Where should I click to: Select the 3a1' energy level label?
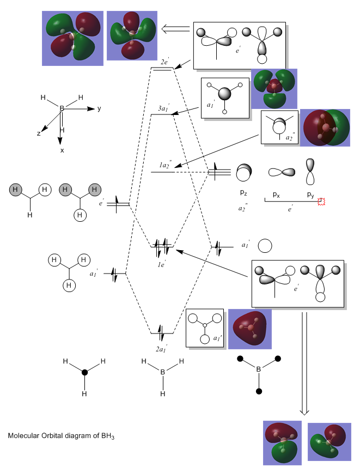tap(163, 109)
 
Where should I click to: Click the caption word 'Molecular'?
tap(25, 436)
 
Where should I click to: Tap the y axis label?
tap(99, 109)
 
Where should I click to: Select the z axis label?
tap(38, 134)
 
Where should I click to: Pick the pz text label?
tap(244, 193)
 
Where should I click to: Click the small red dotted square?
tap(321, 202)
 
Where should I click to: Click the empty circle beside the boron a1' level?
tap(265, 246)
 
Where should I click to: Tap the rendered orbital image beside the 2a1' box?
tap(249, 329)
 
